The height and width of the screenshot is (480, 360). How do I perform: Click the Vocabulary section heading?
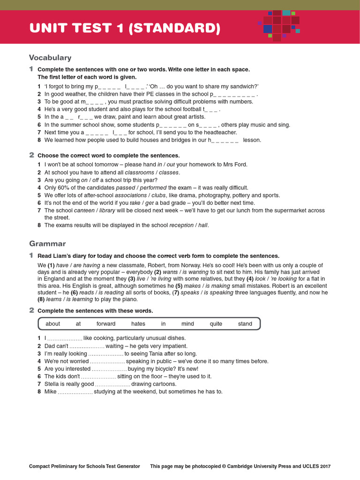point(50,58)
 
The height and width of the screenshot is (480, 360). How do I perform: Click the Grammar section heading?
point(47,244)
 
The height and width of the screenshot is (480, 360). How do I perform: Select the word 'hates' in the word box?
point(138,324)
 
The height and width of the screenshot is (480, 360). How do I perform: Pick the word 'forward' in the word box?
point(106,324)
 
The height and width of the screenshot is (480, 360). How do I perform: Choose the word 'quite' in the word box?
point(216,324)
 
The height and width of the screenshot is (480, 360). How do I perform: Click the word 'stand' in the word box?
point(245,324)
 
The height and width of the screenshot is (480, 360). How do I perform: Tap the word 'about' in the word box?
point(53,324)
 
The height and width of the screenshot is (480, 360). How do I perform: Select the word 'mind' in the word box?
point(187,324)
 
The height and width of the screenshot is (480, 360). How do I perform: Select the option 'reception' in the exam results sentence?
point(182,225)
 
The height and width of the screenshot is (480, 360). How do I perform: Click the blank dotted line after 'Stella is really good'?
point(112,384)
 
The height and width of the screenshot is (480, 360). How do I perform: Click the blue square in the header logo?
point(268,29)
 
